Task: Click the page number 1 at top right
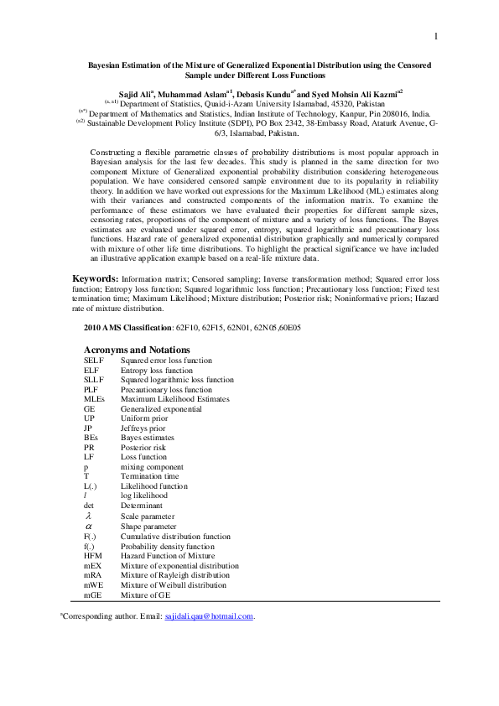437,37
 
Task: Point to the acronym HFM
92,556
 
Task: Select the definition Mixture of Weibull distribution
173,585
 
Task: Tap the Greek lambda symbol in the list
89,517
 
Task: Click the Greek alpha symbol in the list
89,527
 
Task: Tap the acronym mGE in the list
92,594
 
